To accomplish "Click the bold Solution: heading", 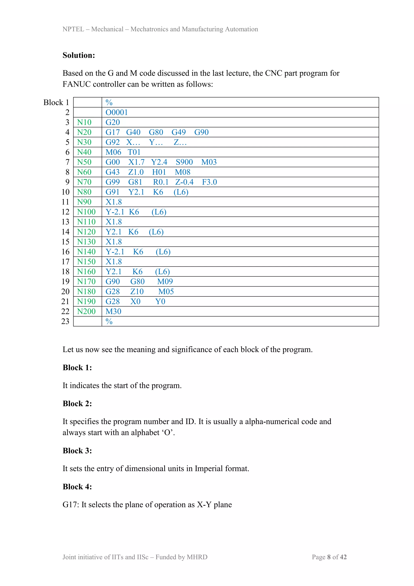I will [x=79, y=55].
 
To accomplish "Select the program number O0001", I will [x=116, y=112].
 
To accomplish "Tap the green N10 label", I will [x=84, y=122].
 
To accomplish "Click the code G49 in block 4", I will [x=178, y=132].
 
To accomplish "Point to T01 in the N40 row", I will [x=134, y=152].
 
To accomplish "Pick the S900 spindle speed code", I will [x=184, y=162].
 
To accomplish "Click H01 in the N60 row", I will [x=159, y=172].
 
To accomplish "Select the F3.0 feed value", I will [x=209, y=182].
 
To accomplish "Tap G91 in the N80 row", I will [x=112, y=192].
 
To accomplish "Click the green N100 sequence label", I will [x=86, y=212].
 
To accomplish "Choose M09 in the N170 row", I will [x=165, y=281].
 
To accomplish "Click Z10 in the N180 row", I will [x=137, y=291].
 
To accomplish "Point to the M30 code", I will [x=113, y=311].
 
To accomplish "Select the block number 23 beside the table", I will [x=65, y=321].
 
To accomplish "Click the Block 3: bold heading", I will [x=77, y=451].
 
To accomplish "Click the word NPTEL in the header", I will [x=73, y=29].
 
